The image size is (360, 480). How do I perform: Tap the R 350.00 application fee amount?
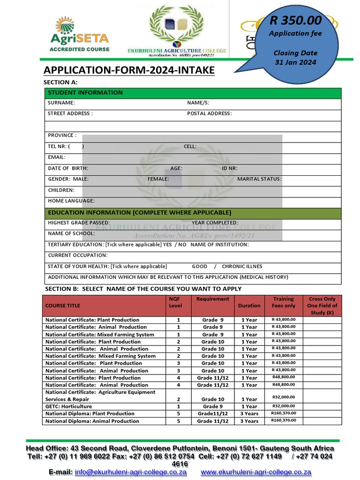tap(295, 20)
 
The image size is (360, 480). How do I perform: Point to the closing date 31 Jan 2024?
tap(295, 62)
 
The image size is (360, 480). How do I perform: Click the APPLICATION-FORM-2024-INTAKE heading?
tap(129, 70)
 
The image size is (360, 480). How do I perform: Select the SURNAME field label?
tap(61, 103)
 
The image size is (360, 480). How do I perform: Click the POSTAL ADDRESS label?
tap(209, 113)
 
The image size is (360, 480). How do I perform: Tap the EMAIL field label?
tap(57, 157)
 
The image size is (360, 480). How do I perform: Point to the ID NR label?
tap(230, 168)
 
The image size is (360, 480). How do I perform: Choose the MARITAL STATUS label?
tap(259, 179)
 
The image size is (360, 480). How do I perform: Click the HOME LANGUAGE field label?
tap(71, 201)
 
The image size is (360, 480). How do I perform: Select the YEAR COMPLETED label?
tap(215, 223)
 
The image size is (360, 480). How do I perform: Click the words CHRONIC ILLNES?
tap(242, 266)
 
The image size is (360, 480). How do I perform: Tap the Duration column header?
tap(249, 306)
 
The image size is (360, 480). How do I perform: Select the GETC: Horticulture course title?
tap(68, 406)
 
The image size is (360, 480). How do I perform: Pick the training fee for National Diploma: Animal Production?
tap(284, 420)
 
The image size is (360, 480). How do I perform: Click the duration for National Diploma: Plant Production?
tap(249, 414)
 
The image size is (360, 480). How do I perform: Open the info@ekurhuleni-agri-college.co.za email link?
tap(131, 472)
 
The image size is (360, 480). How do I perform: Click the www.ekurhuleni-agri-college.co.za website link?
tap(256, 472)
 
